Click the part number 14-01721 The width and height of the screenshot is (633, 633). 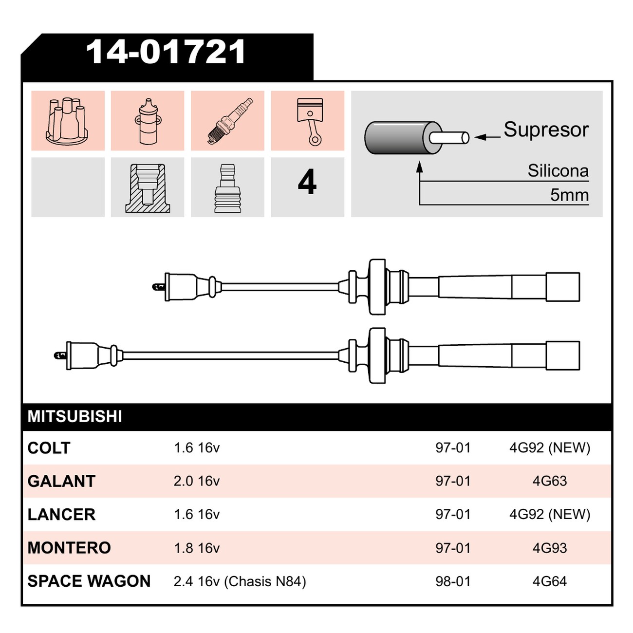click(x=165, y=52)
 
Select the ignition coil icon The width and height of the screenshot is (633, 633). click(x=148, y=122)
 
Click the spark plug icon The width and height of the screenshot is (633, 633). click(x=230, y=121)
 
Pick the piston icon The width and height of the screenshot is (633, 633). click(x=310, y=121)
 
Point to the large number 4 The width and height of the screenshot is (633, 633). click(x=307, y=182)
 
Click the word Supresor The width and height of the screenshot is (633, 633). click(x=546, y=130)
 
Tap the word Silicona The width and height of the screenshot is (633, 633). click(x=558, y=170)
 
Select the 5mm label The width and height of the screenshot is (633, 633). click(x=569, y=195)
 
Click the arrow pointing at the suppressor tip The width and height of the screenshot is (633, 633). click(x=487, y=137)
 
